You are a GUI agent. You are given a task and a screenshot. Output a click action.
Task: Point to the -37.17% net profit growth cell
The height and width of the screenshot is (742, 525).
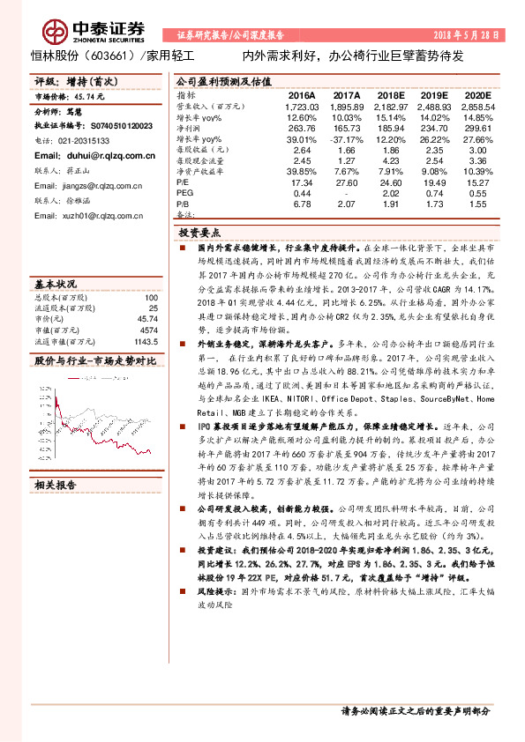coord(346,140)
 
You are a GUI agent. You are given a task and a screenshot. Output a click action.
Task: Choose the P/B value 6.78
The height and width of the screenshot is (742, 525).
coord(302,204)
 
